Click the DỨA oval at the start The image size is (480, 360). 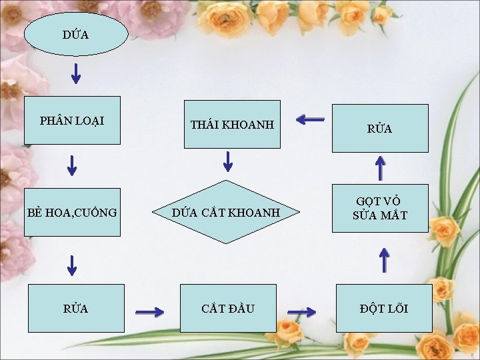click(x=75, y=33)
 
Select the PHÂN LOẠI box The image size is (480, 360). click(x=72, y=121)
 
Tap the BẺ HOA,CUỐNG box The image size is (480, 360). click(x=72, y=212)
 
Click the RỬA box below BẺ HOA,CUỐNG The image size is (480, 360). click(x=75, y=308)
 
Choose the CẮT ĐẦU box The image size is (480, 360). click(x=228, y=308)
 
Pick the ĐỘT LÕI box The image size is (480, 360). click(x=384, y=308)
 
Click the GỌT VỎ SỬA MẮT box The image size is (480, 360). click(x=380, y=209)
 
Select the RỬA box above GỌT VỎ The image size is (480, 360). click(x=380, y=129)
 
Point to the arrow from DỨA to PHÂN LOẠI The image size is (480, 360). click(x=76, y=73)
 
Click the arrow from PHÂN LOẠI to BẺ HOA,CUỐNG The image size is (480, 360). click(x=72, y=164)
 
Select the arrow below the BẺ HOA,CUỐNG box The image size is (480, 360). click(x=72, y=265)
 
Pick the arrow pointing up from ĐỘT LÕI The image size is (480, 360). click(x=384, y=260)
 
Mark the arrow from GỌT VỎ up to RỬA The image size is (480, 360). click(x=380, y=167)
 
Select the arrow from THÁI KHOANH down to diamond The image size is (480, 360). click(x=227, y=161)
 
